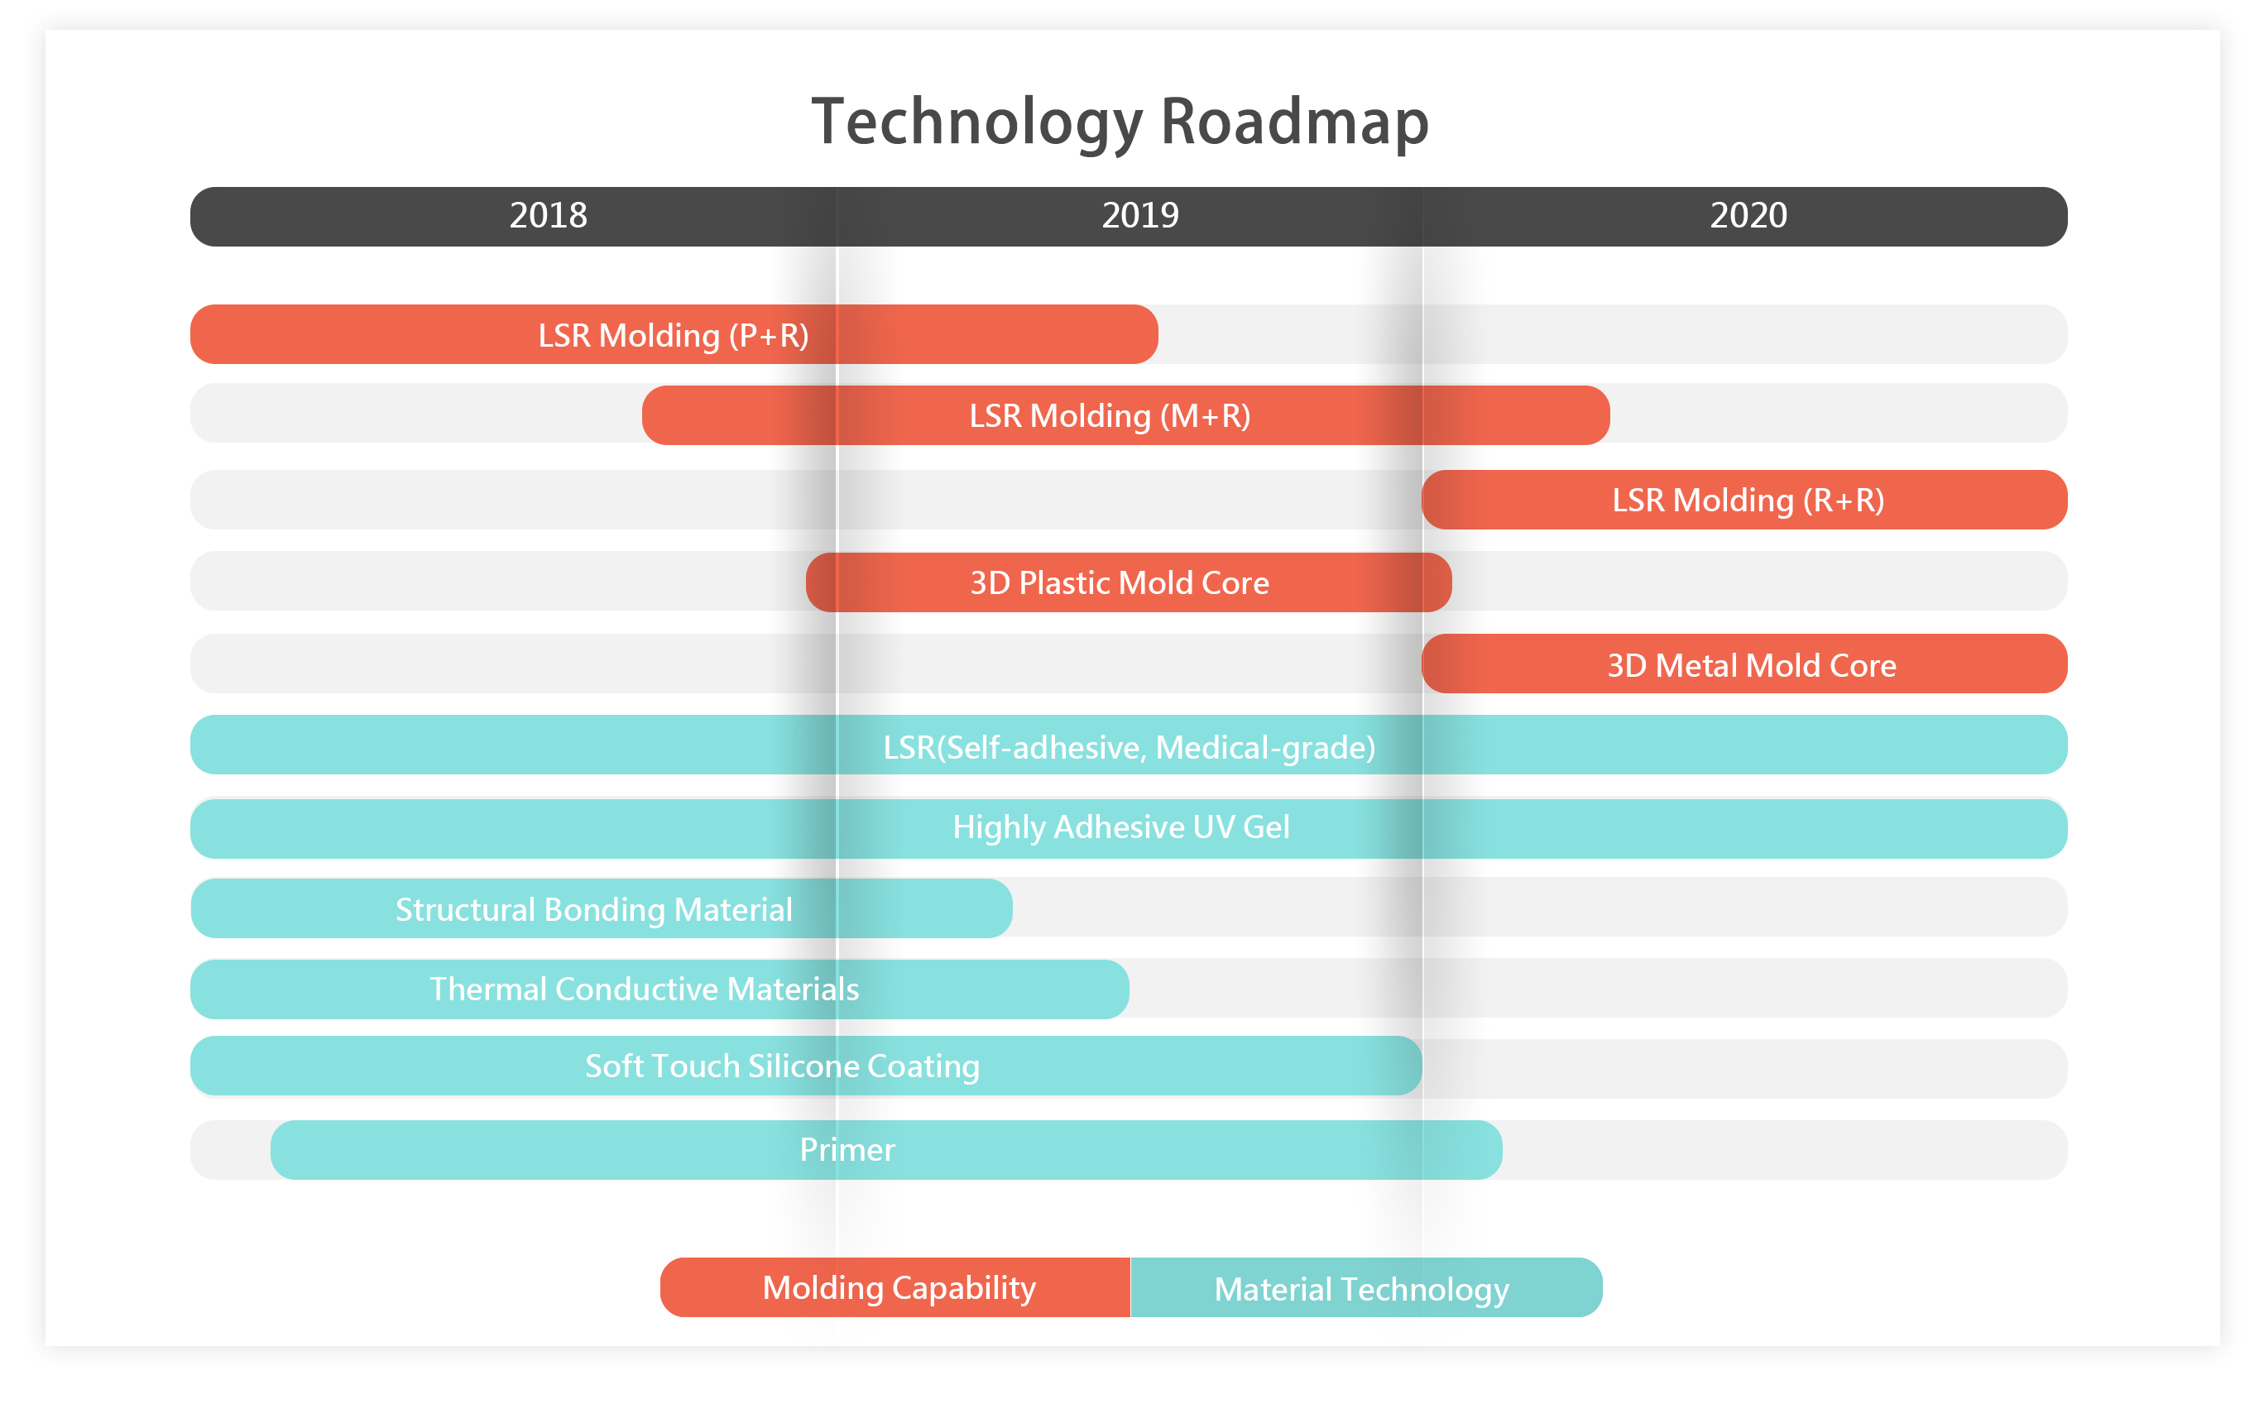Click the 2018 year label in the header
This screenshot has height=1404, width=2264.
pyautogui.click(x=548, y=215)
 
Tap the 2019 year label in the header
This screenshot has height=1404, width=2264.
pyautogui.click(x=1139, y=215)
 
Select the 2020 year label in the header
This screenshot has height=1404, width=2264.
pyautogui.click(x=1748, y=215)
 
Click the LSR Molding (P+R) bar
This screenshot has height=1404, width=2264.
pyautogui.click(x=674, y=334)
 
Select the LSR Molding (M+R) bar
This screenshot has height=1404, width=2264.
pyautogui.click(x=1125, y=415)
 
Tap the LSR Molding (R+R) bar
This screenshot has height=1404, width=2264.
pyautogui.click(x=1744, y=500)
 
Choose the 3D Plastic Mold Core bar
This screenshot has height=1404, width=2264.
pyautogui.click(x=1129, y=582)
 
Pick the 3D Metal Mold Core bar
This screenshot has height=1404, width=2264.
pyautogui.click(x=1744, y=664)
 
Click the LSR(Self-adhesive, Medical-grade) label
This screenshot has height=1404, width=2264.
pyautogui.click(x=1130, y=747)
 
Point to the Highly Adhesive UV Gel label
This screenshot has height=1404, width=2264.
pyautogui.click(x=1121, y=827)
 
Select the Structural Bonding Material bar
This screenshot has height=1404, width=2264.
pyautogui.click(x=602, y=908)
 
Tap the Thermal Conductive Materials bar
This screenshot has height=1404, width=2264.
pyautogui.click(x=660, y=989)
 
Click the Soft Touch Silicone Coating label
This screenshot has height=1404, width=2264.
pyautogui.click(x=782, y=1066)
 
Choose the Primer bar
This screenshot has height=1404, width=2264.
pyautogui.click(x=886, y=1149)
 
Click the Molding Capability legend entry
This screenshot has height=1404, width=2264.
pyautogui.click(x=895, y=1287)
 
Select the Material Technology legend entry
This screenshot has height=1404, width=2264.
pyautogui.click(x=1366, y=1287)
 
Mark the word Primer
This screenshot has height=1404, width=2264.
pyautogui.click(x=847, y=1149)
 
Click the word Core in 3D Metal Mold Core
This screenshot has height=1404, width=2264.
pyautogui.click(x=1862, y=666)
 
